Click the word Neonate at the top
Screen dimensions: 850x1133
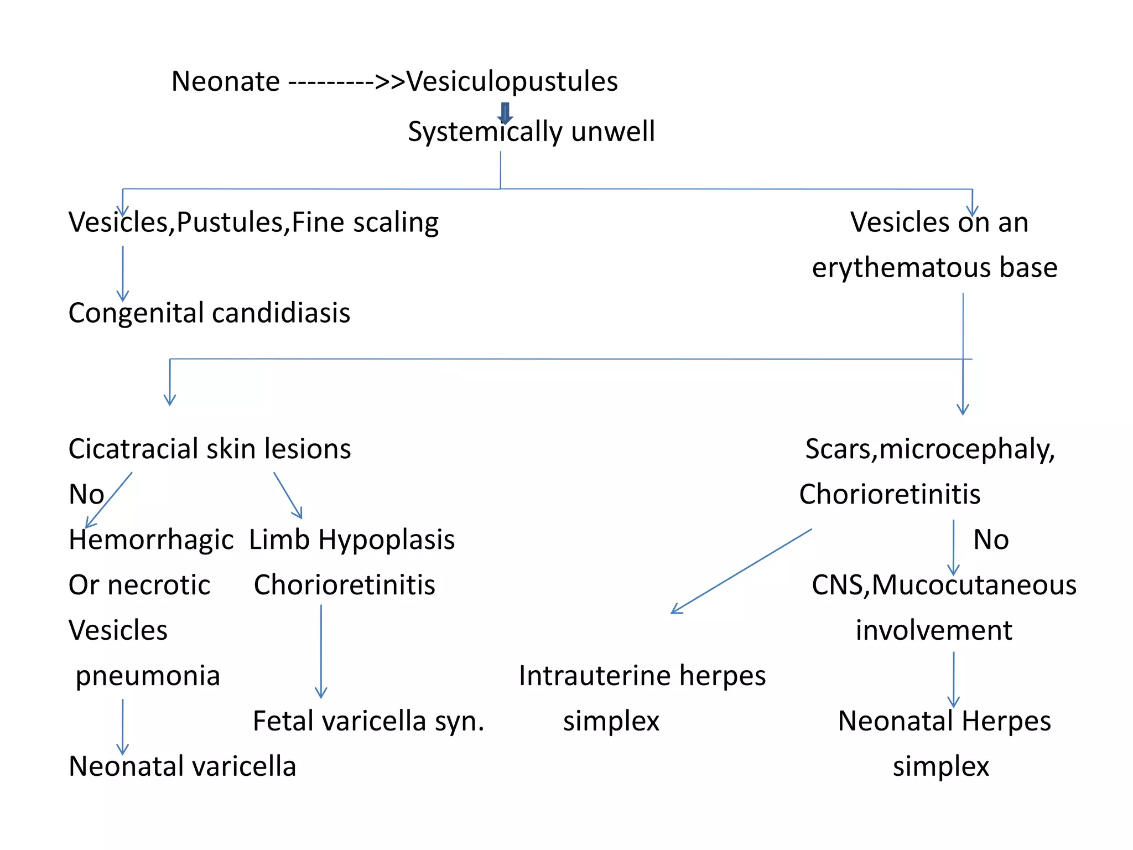point(225,81)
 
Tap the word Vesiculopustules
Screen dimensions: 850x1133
point(512,81)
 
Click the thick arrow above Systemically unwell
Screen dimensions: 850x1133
point(505,113)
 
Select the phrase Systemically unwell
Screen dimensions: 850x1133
point(531,132)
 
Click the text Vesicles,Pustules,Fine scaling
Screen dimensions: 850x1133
point(253,222)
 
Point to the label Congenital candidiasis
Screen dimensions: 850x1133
point(209,313)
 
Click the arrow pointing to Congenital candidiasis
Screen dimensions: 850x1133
point(123,274)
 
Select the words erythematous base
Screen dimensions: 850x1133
point(934,268)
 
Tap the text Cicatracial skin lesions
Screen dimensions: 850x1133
point(210,449)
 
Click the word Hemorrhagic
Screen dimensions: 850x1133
point(151,540)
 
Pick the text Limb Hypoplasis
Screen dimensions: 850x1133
point(352,540)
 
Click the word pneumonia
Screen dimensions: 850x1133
point(148,676)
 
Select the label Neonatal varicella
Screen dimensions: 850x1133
point(183,766)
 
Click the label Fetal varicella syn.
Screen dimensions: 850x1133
point(368,721)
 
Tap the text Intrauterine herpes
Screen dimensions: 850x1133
point(642,676)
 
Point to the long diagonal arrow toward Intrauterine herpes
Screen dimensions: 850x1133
point(741,571)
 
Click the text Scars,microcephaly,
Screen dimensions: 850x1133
point(930,449)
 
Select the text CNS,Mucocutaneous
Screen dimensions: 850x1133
point(944,585)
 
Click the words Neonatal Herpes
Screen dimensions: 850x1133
point(944,721)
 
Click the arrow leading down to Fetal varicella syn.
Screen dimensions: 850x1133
point(321,651)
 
